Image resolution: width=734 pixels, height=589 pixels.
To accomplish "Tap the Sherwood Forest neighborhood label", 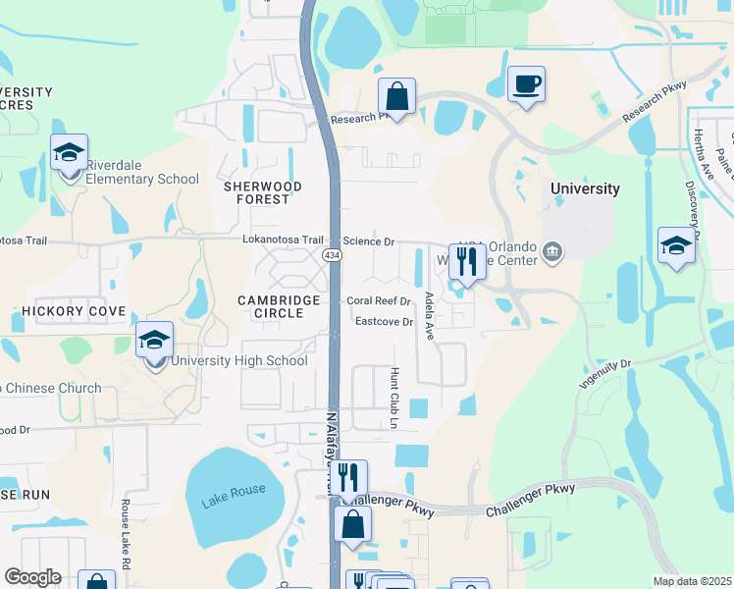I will point(256,192).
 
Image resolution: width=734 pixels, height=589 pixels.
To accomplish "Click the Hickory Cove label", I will point(74,311).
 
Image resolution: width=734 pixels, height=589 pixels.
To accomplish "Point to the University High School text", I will point(239,360).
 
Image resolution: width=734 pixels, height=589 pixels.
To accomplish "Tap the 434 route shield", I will point(332,255).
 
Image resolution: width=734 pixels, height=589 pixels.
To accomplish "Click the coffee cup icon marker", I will point(526,83).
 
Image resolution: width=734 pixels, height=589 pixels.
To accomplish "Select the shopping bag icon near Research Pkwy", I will point(396,97).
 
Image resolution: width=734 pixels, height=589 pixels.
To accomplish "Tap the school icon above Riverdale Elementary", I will point(70,153).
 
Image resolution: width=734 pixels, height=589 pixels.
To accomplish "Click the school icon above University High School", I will point(154,341).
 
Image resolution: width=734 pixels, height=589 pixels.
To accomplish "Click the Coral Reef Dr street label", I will point(377,301).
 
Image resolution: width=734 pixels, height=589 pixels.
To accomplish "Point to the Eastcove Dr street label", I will point(384,321).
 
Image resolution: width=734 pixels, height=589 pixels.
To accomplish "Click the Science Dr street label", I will point(368,241).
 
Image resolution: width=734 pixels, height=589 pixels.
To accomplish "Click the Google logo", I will point(33,577).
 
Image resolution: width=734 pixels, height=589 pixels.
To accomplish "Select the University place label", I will point(585,188).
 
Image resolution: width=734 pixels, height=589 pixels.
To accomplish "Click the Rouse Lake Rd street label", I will point(126,535).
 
